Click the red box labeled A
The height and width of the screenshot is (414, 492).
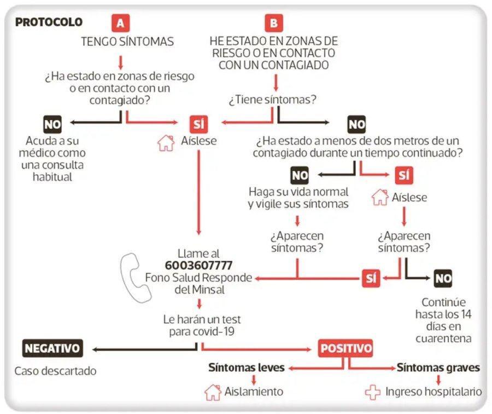pos(120,23)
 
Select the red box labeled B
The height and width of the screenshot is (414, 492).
pos(273,23)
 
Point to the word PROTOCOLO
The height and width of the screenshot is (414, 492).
pos(49,22)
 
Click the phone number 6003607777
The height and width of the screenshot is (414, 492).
pos(198,266)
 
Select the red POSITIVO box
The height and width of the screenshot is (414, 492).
pos(346,348)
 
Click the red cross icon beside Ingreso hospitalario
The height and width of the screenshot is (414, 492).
pos(373,392)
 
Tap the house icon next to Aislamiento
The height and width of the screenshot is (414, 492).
pos(213,392)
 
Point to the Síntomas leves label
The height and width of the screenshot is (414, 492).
pos(247,367)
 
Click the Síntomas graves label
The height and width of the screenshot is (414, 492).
pos(438,367)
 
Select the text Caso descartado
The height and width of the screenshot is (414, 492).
pos(55,371)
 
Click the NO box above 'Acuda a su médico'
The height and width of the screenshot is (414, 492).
pos(52,124)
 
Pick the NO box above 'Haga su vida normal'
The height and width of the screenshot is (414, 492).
pos(300,175)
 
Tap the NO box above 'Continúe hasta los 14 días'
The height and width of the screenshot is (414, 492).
pos(443,278)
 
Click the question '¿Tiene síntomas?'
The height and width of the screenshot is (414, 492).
pos(273,100)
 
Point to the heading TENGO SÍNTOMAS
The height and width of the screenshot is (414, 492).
pos(127,41)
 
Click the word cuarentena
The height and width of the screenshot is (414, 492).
pos(443,338)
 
